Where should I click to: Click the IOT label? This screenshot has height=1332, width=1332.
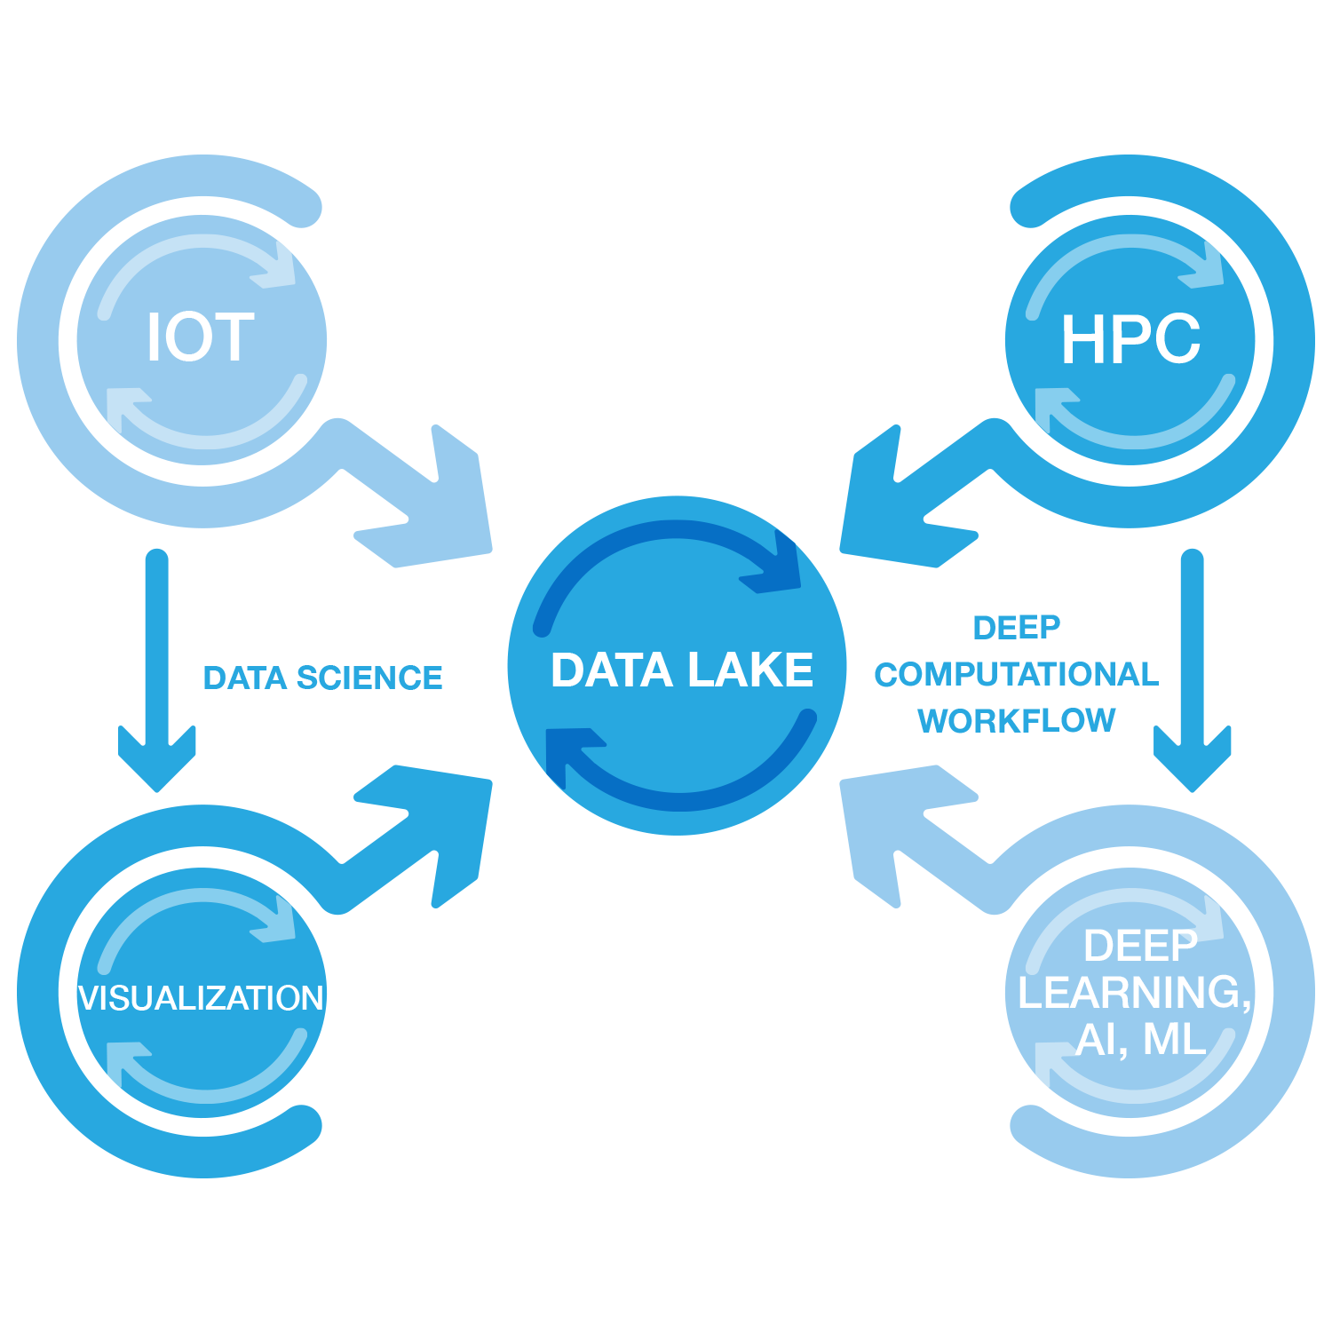tap(201, 337)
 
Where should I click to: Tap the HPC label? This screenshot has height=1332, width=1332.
tap(1130, 339)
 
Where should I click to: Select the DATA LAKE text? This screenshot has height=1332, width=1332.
tap(682, 670)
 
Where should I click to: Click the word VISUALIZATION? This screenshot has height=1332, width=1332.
tap(201, 998)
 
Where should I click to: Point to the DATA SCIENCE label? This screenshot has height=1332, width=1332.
tap(322, 678)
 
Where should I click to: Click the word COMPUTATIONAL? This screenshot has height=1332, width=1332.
tap(1016, 674)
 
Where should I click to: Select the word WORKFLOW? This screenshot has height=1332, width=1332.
tap(1016, 720)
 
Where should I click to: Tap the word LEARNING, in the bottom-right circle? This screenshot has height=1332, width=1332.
tap(1134, 992)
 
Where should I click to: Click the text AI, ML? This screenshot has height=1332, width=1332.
tap(1140, 1039)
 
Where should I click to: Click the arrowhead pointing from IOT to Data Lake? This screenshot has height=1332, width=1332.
tap(444, 515)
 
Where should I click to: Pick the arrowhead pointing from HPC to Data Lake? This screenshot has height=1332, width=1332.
tap(888, 515)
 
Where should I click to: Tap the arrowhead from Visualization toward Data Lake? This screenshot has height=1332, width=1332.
tap(444, 817)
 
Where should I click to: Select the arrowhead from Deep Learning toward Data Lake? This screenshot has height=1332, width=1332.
tap(888, 817)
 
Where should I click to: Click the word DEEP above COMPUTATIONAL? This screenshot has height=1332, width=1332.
tap(1016, 628)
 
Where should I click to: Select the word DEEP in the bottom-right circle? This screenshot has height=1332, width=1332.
tap(1140, 947)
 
